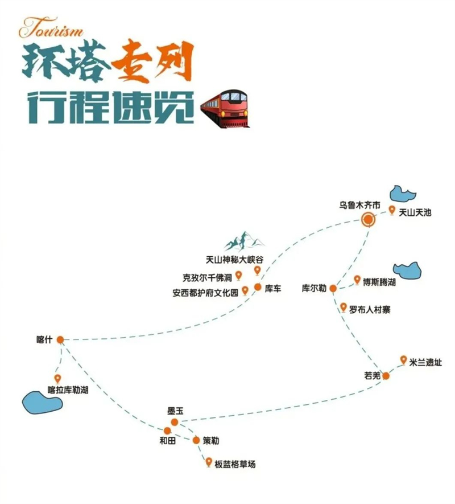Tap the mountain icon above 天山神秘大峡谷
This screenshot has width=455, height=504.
[243, 241]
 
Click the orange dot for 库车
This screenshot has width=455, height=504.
[258, 287]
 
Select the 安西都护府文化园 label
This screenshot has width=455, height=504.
[205, 293]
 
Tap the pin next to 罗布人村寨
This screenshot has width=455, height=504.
[343, 308]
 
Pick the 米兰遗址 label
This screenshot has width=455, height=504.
[425, 362]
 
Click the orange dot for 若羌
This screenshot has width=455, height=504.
[386, 375]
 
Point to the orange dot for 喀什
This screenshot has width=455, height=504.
[60, 339]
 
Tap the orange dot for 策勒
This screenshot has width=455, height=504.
[196, 440]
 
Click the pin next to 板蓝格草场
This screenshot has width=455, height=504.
[209, 462]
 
